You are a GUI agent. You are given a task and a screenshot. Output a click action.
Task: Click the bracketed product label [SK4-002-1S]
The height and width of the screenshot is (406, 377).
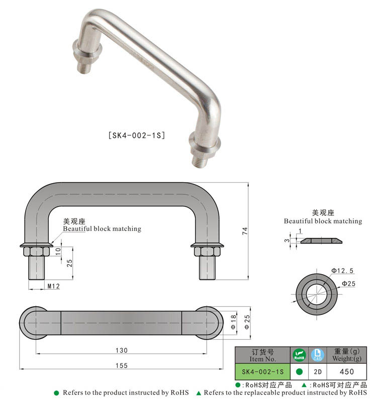(x=137, y=135)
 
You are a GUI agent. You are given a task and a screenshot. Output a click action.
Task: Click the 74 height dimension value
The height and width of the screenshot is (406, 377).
(x=245, y=231)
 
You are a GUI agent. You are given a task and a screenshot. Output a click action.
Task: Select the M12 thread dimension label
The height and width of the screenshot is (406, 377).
(x=54, y=286)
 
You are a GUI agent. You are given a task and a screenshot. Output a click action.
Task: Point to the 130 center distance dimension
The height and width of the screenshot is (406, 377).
(x=121, y=350)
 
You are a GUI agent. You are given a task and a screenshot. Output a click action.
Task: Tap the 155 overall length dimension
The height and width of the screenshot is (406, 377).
(x=121, y=366)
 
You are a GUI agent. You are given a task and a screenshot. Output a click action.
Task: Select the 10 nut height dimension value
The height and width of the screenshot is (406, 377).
(x=58, y=251)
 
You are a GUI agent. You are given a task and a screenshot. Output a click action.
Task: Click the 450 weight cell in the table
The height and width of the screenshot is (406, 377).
(x=346, y=372)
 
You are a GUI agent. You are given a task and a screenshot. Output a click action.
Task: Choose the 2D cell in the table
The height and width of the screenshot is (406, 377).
(x=317, y=372)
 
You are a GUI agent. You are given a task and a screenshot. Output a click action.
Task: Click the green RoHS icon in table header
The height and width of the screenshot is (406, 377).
(x=299, y=355)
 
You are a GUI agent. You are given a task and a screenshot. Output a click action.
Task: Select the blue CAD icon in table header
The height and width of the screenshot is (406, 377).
(x=317, y=355)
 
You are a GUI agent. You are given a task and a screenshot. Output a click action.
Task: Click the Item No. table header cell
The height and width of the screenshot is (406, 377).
(x=262, y=355)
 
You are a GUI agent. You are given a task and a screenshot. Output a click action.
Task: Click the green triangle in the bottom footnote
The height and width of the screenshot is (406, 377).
(x=199, y=393)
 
